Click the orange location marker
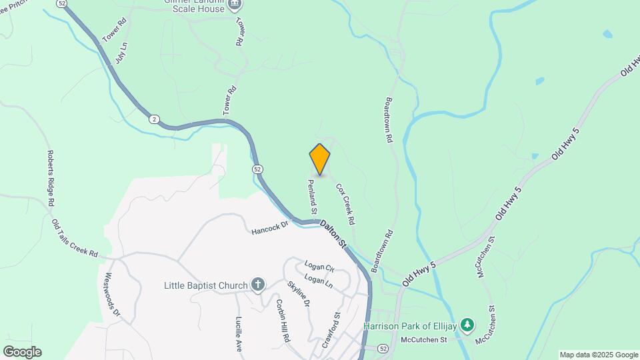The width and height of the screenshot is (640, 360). [320, 159]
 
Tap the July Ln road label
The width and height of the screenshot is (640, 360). [120, 53]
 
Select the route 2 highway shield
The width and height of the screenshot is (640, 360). [155, 119]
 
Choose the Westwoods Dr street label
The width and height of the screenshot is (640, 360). [111, 293]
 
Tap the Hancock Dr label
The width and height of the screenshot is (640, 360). [269, 229]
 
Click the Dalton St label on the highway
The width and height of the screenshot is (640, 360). [333, 235]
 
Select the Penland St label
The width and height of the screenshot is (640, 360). [312, 195]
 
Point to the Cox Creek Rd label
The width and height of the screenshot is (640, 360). [345, 204]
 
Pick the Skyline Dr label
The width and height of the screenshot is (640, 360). [299, 293]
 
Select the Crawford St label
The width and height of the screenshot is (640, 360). [331, 330]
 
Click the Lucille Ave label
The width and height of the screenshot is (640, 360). [238, 333]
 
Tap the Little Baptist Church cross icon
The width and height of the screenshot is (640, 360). [258, 285]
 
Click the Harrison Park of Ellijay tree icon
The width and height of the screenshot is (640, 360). [469, 325]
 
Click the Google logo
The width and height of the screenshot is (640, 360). [21, 352]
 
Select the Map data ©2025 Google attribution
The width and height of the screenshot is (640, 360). [599, 355]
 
